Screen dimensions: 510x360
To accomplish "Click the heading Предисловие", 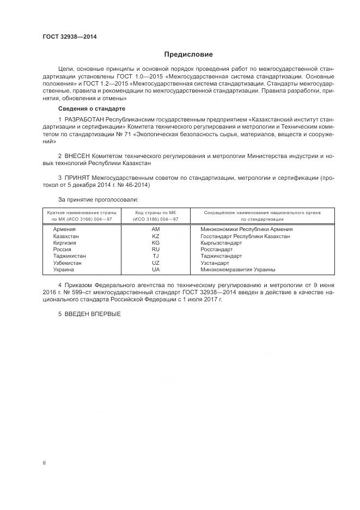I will [x=188, y=54].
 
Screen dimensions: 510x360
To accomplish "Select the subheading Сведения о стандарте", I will [x=91, y=109].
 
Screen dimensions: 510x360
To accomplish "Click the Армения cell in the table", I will [x=64, y=229].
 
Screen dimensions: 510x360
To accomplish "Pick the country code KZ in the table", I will [x=156, y=236].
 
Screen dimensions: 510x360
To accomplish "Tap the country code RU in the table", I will [x=156, y=250].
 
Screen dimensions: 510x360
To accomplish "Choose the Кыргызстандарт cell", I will [x=222, y=243].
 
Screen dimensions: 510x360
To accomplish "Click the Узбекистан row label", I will [x=68, y=263].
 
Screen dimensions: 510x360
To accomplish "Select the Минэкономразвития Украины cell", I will [x=237, y=269].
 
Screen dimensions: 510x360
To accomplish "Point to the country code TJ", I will [x=156, y=256].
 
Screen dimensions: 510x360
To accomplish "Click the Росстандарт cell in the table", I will [x=217, y=250].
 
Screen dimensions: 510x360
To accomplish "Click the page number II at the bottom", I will [x=44, y=463].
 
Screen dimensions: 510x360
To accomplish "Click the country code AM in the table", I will [x=156, y=229].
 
